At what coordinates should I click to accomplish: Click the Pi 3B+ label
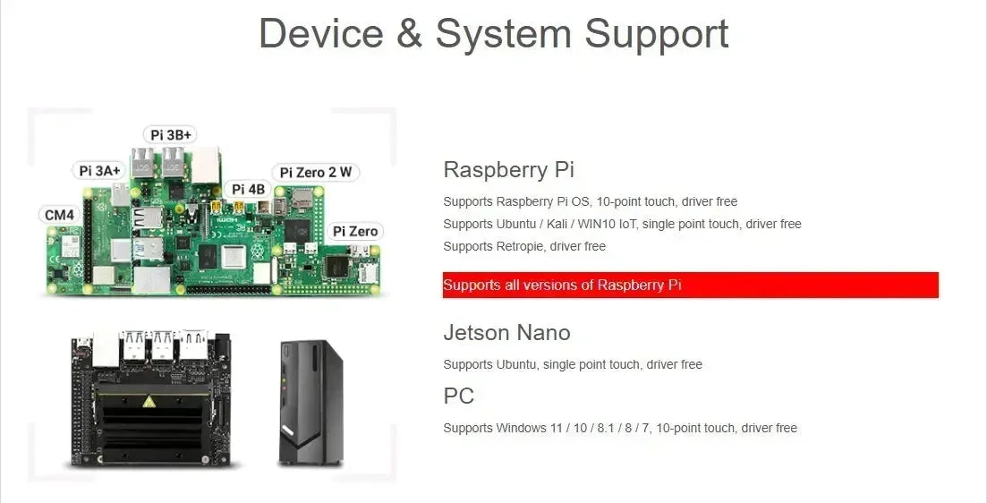[170, 134]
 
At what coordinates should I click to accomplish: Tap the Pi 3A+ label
[98, 170]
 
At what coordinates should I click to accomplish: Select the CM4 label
[59, 215]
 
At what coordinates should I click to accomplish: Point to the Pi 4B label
[248, 189]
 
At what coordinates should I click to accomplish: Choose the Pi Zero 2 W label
[315, 172]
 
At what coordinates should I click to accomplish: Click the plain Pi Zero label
[355, 231]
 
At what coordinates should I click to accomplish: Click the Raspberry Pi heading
[508, 169]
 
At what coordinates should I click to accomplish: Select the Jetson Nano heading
[506, 333]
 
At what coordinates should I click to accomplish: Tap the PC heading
[458, 396]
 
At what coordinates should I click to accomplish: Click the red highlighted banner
[690, 285]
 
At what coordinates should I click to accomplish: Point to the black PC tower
[310, 402]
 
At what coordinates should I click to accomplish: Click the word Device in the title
[320, 34]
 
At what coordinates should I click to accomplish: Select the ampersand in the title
[409, 34]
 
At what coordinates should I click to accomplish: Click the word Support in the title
[657, 34]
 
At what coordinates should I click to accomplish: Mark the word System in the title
[503, 34]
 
